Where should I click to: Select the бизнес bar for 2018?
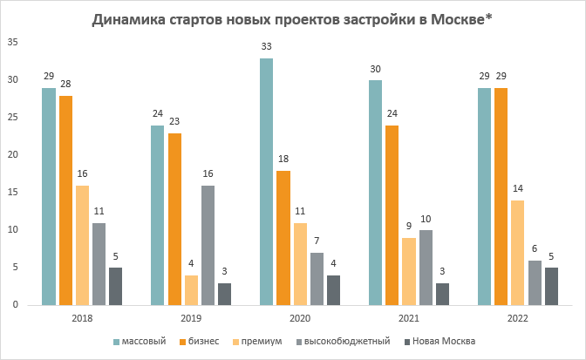[66, 200]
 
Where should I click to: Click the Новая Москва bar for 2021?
[442, 294]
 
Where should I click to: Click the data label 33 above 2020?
[266, 47]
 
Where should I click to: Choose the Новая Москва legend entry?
[439, 341]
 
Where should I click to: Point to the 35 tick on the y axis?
[12, 43]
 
